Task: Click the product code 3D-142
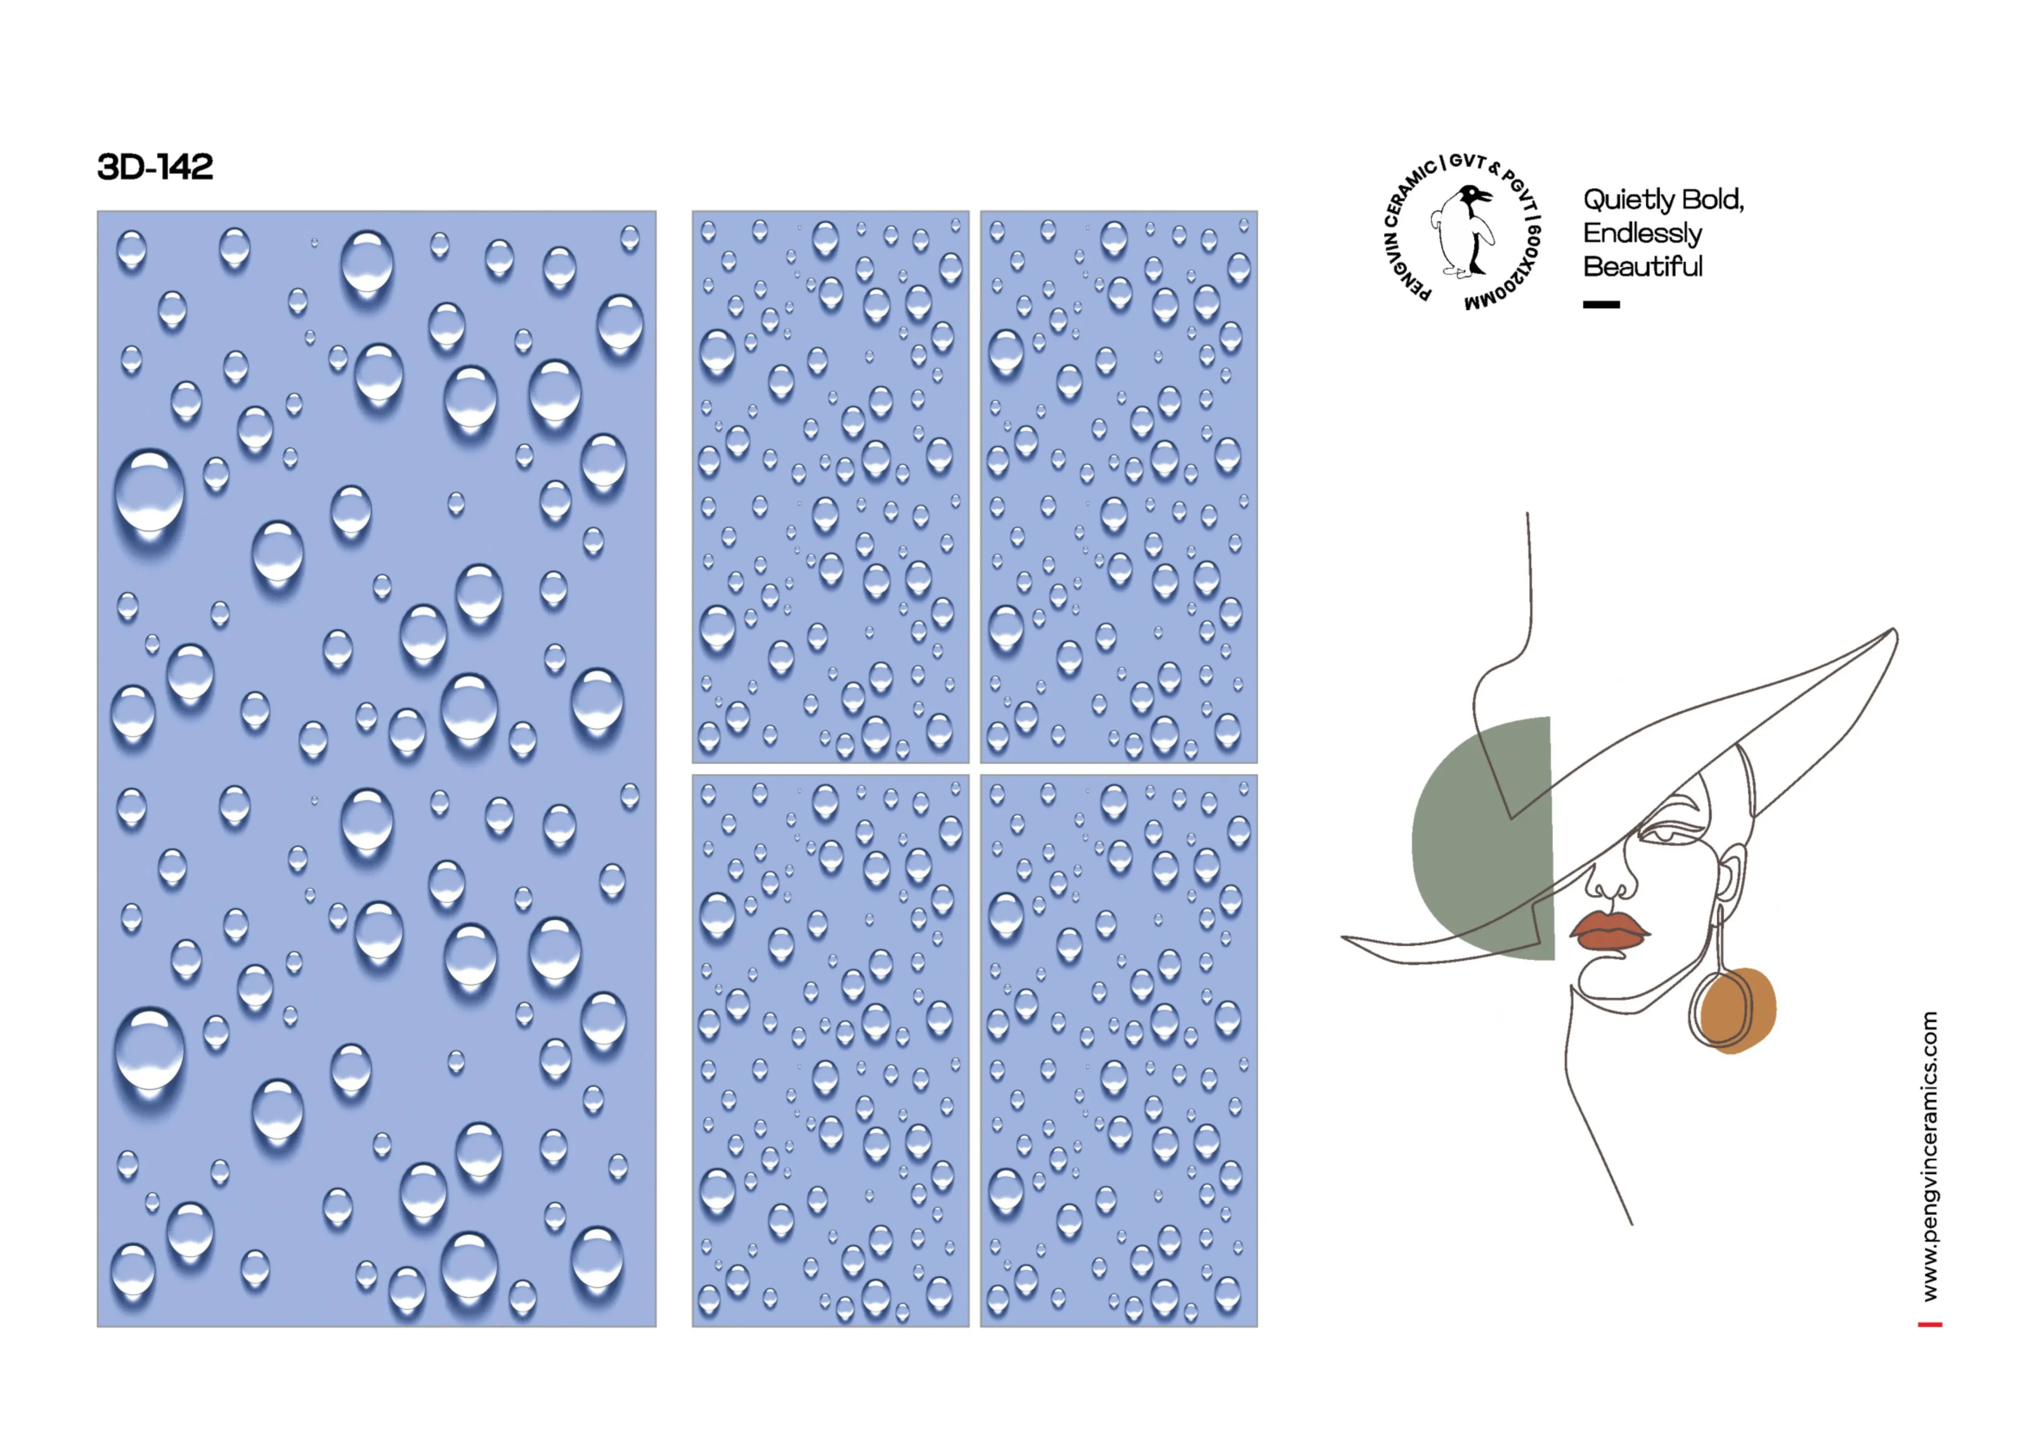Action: [155, 167]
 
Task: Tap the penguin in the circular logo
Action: [1464, 230]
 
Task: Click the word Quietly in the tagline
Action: [1628, 200]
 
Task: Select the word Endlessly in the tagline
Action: [1643, 233]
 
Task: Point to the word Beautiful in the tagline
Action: [1643, 266]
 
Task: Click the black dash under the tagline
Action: [1601, 304]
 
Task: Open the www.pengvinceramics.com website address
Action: [1929, 1156]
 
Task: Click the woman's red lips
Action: [1607, 930]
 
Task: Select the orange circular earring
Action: [1735, 1010]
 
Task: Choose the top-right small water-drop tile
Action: [1118, 487]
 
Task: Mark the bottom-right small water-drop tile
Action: [1118, 1050]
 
